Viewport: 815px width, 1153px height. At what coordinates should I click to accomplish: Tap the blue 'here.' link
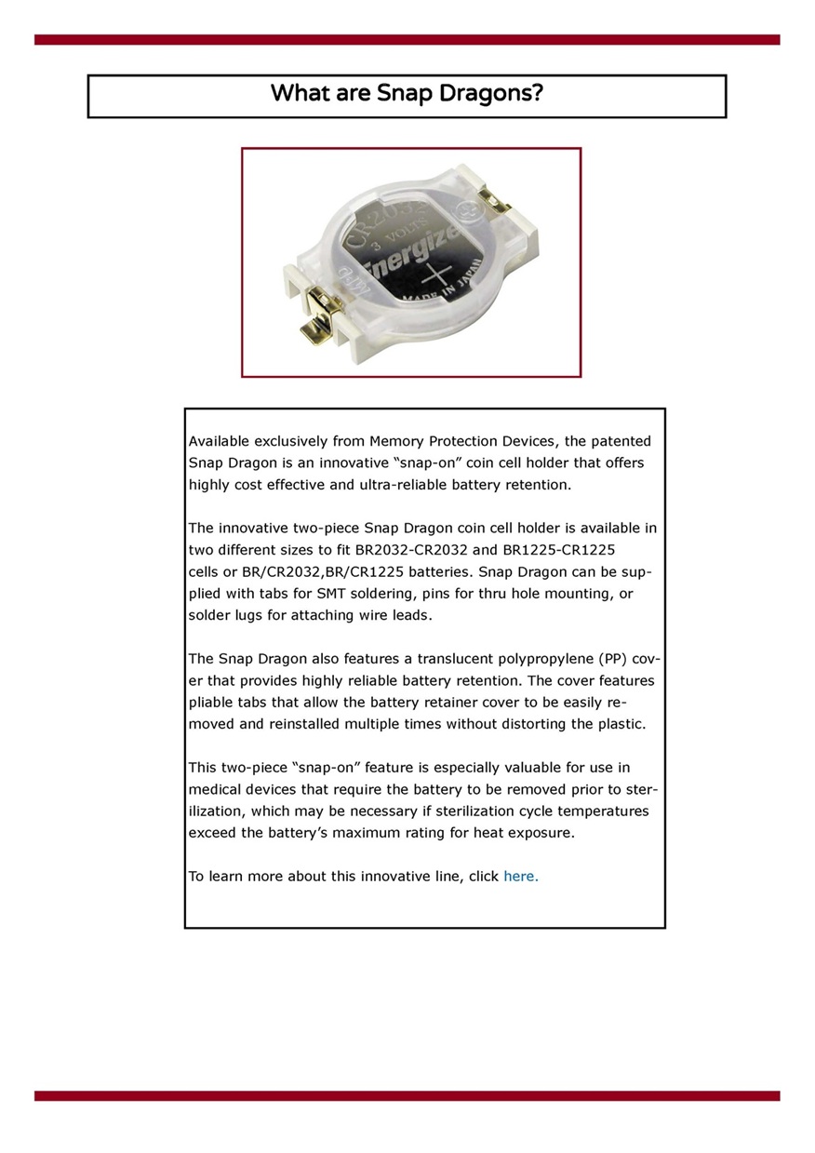tap(520, 876)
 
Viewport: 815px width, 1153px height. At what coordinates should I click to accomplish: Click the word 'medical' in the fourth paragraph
tap(215, 790)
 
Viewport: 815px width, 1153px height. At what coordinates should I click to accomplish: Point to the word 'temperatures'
tap(603, 811)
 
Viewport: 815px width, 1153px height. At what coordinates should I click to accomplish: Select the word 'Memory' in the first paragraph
tap(397, 441)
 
